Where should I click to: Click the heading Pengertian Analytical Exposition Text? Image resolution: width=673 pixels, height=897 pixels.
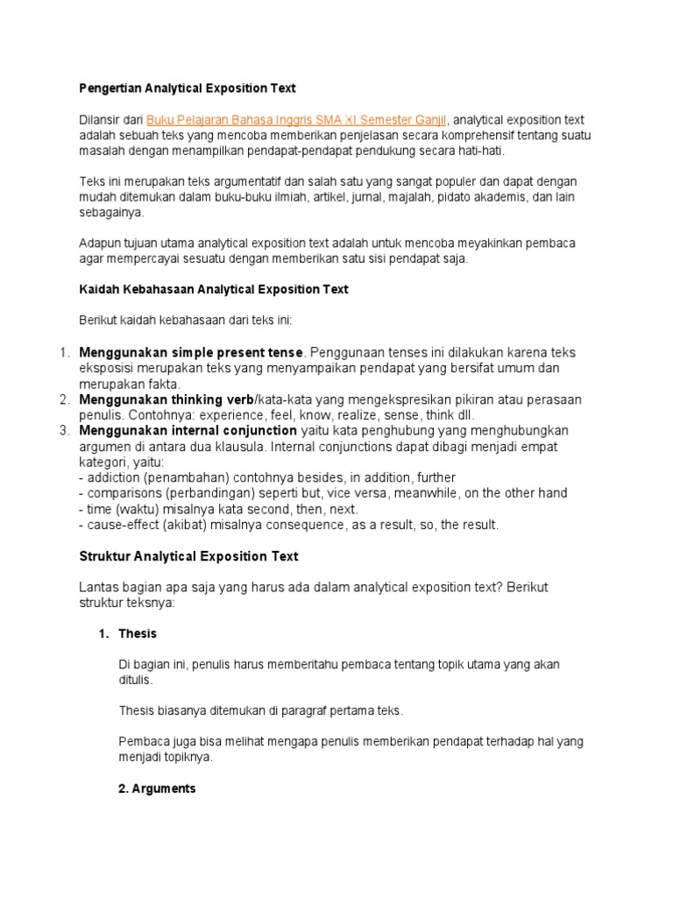(188, 88)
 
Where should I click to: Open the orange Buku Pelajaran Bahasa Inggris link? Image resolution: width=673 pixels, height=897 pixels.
(296, 120)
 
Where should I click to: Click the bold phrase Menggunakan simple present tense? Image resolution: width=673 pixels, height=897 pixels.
(191, 352)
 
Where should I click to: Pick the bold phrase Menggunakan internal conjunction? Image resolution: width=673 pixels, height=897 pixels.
(188, 430)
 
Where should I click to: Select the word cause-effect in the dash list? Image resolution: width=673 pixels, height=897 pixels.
(118, 525)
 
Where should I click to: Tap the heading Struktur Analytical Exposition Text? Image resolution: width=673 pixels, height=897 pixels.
(188, 556)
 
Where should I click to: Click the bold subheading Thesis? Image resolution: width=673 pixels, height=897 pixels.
(138, 633)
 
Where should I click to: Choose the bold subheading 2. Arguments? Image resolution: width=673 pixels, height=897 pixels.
(157, 788)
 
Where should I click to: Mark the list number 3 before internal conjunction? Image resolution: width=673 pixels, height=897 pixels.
(64, 430)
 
